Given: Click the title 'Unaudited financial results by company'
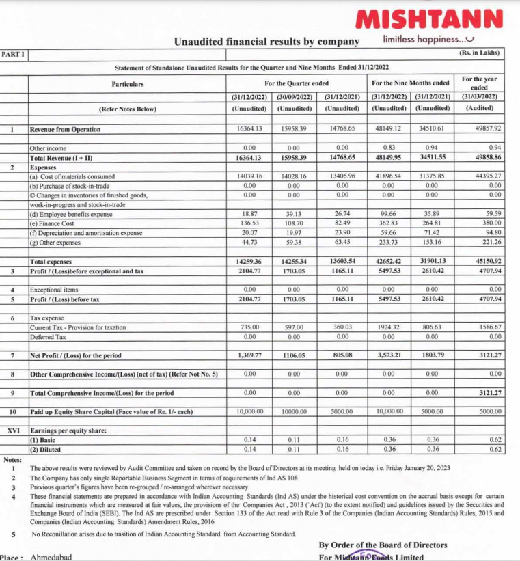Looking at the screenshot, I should click(266, 42).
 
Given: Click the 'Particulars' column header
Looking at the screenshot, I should click(128, 84).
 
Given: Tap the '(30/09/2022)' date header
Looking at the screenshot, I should click(294, 96).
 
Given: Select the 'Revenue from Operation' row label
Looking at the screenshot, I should click(66, 128).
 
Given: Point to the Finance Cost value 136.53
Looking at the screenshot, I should click(249, 223).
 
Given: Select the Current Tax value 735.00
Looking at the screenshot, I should click(249, 327).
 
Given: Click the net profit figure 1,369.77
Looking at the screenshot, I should click(249, 355).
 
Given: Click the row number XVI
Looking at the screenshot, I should click(13, 431).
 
